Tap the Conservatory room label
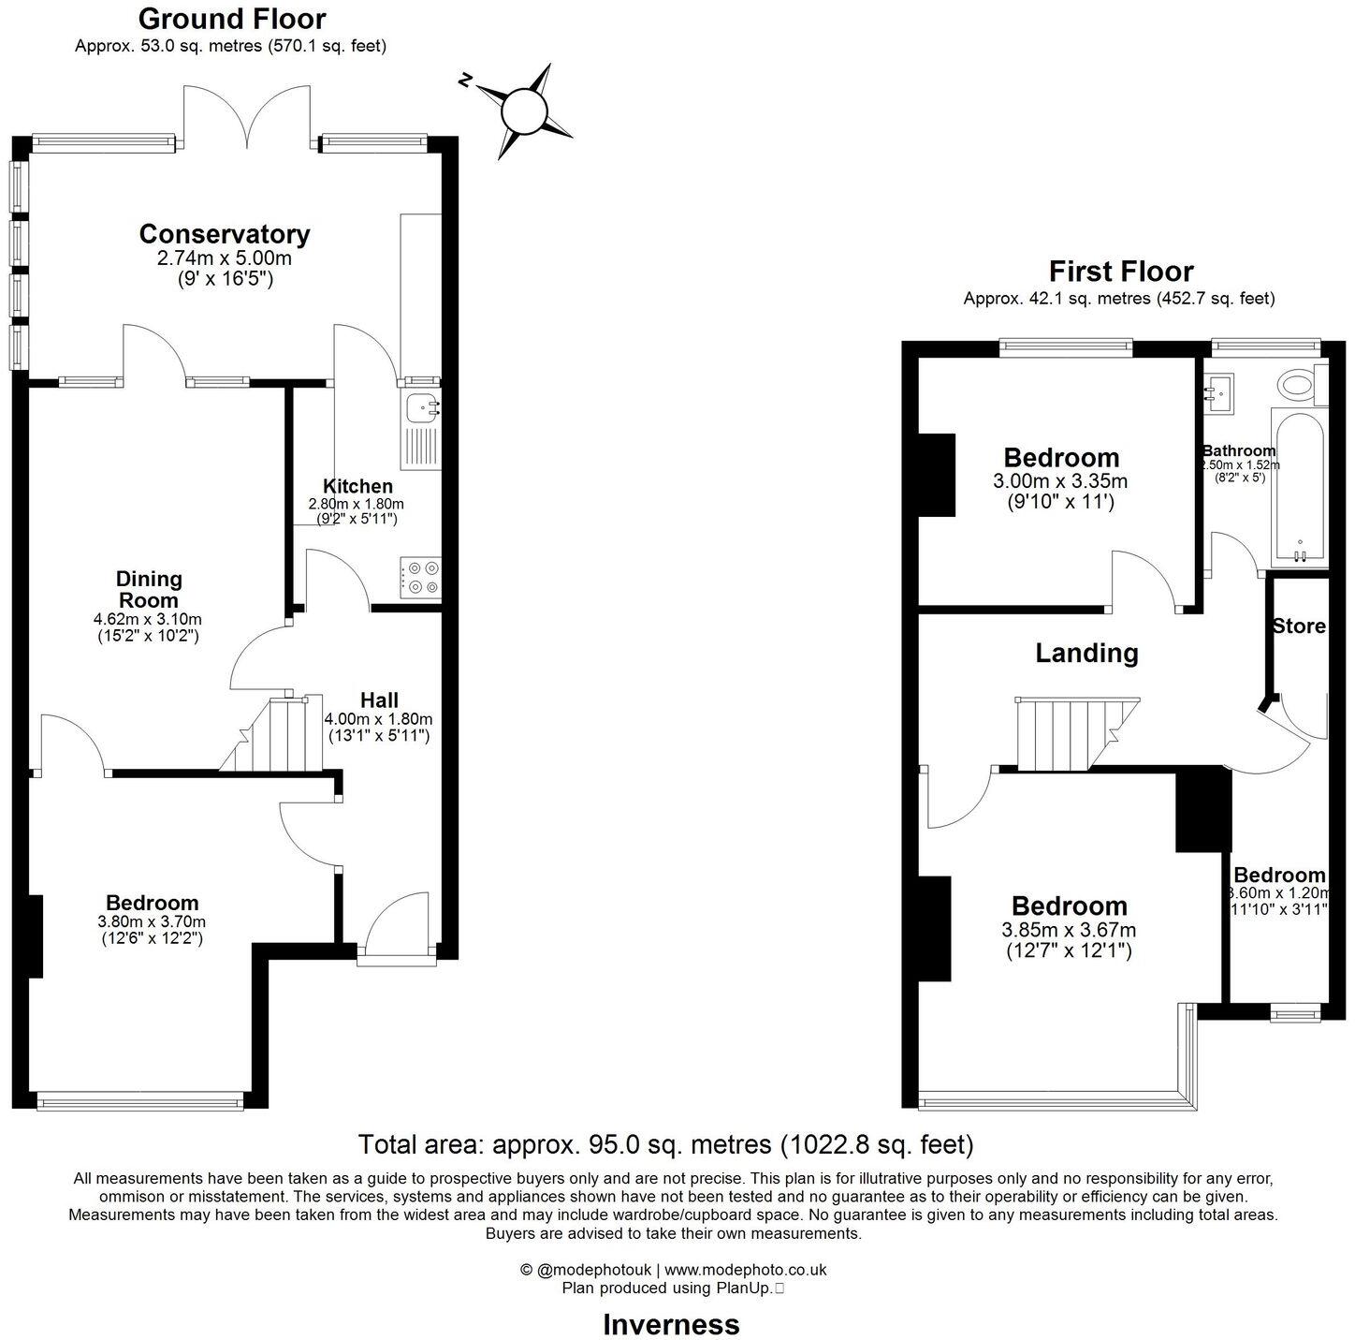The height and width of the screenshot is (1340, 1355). (x=225, y=233)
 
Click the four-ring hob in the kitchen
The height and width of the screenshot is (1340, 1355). (x=421, y=578)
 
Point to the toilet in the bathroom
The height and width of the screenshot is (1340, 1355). (x=1298, y=384)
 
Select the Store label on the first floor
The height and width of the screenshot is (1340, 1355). (x=1299, y=626)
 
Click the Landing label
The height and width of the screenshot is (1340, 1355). (x=1086, y=653)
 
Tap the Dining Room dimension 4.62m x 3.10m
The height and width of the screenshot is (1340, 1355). (x=148, y=619)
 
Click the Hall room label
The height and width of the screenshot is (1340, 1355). (x=379, y=700)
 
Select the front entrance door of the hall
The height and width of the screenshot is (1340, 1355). (x=398, y=927)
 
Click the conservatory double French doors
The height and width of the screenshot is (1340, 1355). (x=248, y=117)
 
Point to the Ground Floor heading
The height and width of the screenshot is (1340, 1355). (x=232, y=19)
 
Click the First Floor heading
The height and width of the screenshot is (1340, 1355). (x=1120, y=272)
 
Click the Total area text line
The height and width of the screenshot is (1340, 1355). (x=666, y=1144)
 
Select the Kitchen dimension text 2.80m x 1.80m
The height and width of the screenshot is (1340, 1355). (x=357, y=504)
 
